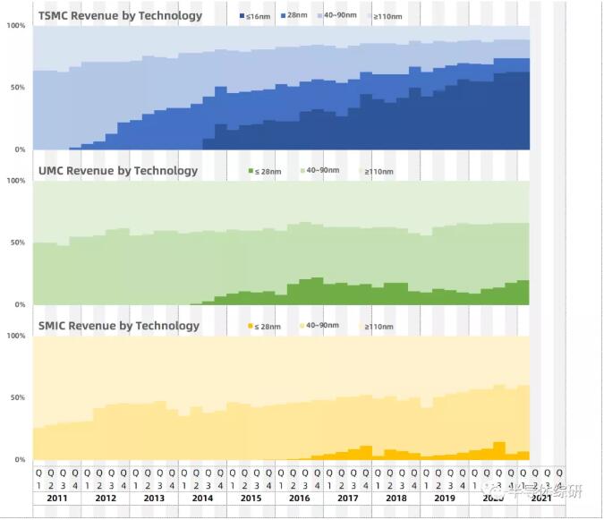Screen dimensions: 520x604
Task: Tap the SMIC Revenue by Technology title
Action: (119, 325)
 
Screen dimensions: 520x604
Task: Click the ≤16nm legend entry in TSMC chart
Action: (255, 16)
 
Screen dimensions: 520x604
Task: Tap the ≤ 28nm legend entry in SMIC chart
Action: (266, 326)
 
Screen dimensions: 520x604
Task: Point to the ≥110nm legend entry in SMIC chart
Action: (376, 327)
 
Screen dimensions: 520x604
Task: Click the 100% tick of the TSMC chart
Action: (16, 25)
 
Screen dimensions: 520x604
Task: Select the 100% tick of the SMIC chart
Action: (16, 336)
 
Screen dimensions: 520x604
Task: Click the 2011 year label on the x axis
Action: (57, 498)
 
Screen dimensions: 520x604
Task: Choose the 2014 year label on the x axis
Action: (202, 498)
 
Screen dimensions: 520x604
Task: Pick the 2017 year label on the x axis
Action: (348, 498)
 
